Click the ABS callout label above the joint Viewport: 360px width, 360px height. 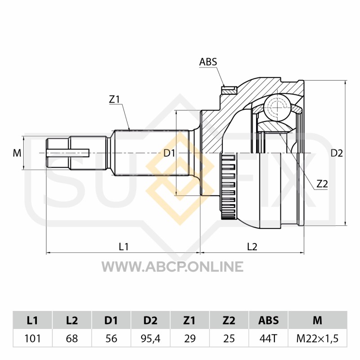pos(208,62)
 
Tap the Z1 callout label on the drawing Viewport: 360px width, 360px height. pos(114,99)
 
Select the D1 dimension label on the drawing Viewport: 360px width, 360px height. pos(170,153)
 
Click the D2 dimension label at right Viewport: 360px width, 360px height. pos(337,153)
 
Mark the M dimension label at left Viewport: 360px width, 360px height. pos(17,153)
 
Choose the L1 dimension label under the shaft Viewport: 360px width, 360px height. pos(123,247)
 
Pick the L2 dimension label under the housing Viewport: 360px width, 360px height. pos(252,247)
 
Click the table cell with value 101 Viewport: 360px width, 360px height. pos(32,338)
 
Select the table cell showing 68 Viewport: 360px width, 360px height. pos(72,338)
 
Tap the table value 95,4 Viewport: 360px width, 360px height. pos(150,338)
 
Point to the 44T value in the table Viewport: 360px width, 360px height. pos(268,338)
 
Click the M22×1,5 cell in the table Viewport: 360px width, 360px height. pos(318,338)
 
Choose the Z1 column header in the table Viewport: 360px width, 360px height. pos(189,320)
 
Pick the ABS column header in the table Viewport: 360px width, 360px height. pos(268,320)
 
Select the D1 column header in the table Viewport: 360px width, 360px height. pos(111,320)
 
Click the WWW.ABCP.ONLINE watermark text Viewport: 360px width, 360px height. pos(172,266)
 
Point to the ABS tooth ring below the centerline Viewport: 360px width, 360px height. pos(228,186)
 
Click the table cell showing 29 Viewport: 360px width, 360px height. pos(189,338)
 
